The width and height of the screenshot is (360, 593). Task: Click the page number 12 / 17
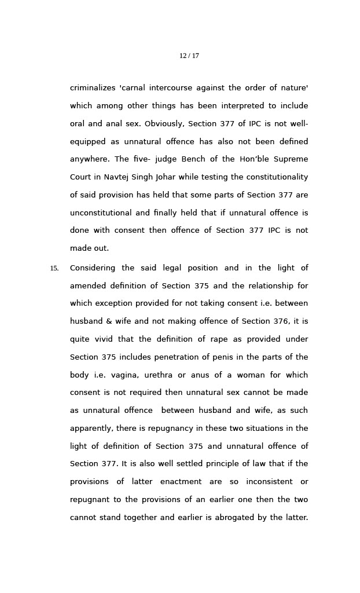pos(189,56)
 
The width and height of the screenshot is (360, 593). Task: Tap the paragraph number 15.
pos(54,268)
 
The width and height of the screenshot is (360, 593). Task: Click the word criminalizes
pos(93,88)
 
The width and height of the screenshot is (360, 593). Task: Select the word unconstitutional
pos(100,213)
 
